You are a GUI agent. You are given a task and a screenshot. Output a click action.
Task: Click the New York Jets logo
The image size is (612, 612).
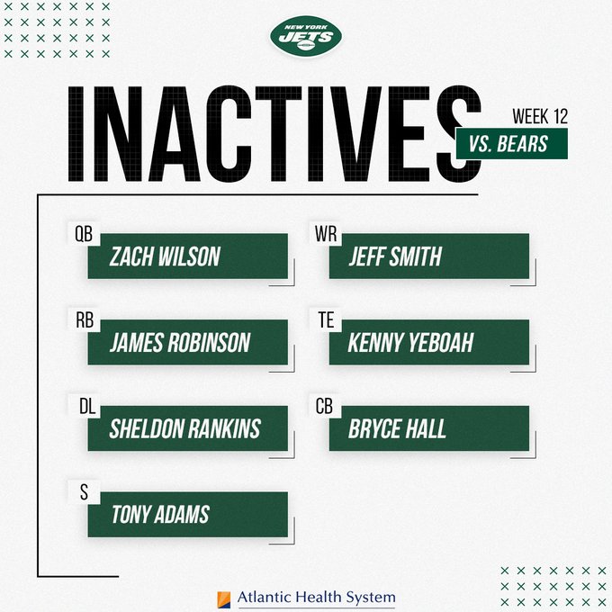[305, 36]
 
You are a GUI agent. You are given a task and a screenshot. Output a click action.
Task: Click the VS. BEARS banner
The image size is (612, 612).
[511, 143]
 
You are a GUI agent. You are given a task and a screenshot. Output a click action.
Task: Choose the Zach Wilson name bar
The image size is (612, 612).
[188, 256]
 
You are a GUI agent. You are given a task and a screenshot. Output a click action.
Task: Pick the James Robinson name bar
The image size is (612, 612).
[188, 343]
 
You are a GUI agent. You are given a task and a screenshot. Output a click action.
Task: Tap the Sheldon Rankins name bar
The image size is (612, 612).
[188, 428]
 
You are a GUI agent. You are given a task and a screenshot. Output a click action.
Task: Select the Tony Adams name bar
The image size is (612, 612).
[188, 514]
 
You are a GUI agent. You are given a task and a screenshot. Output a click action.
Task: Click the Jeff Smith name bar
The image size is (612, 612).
[429, 256]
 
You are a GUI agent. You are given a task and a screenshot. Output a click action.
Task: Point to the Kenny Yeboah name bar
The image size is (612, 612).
[429, 343]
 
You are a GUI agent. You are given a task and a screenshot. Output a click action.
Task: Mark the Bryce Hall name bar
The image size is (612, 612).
[429, 428]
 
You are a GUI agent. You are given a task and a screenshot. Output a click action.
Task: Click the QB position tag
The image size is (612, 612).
[84, 232]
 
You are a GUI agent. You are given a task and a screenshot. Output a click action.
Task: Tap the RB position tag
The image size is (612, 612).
[84, 319]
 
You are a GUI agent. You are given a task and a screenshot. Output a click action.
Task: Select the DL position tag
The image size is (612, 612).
[84, 405]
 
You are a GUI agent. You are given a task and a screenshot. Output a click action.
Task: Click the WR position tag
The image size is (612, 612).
[325, 232]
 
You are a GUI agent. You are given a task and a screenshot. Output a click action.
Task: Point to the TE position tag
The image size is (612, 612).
[324, 319]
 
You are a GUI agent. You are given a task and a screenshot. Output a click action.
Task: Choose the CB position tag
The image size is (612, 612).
[324, 405]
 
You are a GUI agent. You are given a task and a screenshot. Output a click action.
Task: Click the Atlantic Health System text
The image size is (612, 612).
[317, 598]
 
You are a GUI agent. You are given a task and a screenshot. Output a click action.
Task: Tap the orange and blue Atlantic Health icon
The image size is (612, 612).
[224, 598]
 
